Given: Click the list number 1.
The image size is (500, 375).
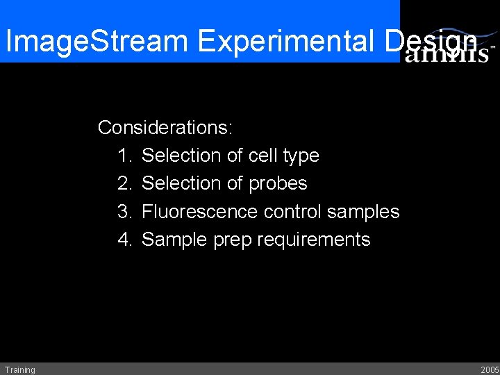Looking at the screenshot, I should tap(125, 156).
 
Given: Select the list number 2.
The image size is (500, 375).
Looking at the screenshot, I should tap(125, 183).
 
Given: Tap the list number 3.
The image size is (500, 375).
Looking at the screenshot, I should tap(125, 211).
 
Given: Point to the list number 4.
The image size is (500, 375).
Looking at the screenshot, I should tap(125, 240).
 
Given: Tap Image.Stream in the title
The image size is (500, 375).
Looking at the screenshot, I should tap(97, 42).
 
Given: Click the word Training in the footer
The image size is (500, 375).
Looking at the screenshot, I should tap(19, 369).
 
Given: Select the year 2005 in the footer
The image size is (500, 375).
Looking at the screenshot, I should tap(489, 369).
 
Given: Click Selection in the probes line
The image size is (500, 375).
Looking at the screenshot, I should tap(181, 183).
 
